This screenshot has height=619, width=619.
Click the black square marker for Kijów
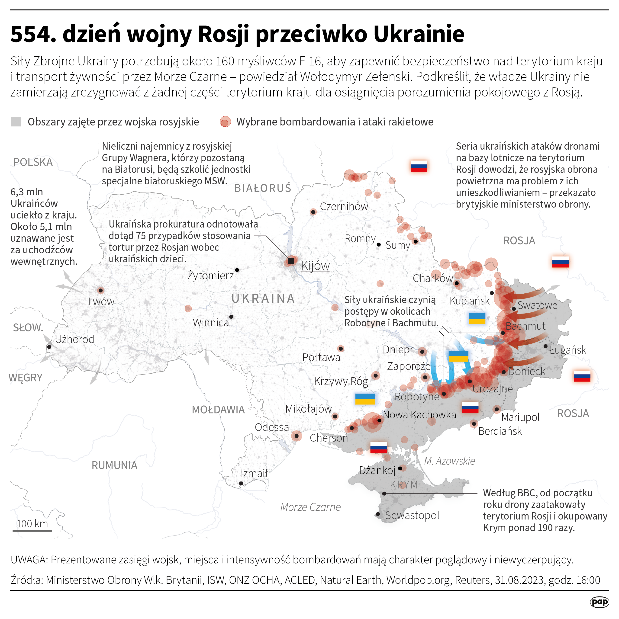[x=291, y=261]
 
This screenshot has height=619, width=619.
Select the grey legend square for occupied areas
[x=16, y=122]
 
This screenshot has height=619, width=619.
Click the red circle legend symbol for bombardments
[x=225, y=122]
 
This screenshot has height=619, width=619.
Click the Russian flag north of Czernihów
[x=419, y=166]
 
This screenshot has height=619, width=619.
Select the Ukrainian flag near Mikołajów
[x=365, y=399]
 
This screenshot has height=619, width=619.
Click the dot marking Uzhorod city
[x=49, y=347]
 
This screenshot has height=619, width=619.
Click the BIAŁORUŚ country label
[x=263, y=188]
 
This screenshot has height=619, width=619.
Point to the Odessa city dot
[x=296, y=436]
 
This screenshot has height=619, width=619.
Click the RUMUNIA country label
[x=114, y=465]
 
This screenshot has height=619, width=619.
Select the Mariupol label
[x=520, y=417]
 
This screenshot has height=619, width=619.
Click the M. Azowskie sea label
[x=449, y=461]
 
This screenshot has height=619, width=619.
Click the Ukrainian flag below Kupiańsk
[x=477, y=318]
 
